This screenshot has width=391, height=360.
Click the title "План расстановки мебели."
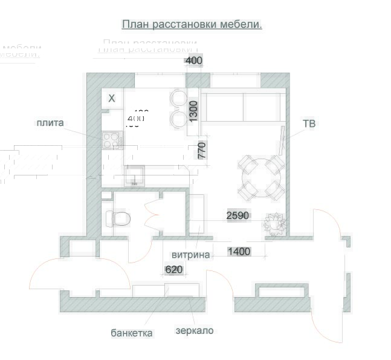(x=192, y=24)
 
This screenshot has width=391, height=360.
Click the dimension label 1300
(x=193, y=111)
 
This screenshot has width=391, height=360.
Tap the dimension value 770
(x=202, y=150)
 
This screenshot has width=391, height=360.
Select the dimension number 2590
(x=238, y=215)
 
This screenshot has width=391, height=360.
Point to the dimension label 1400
(x=239, y=251)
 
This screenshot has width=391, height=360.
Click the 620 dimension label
(x=174, y=269)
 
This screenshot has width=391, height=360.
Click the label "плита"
(x=50, y=123)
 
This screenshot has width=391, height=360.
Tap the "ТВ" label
(x=309, y=124)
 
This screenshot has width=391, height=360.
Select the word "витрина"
(x=191, y=255)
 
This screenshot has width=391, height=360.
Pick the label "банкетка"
(x=132, y=333)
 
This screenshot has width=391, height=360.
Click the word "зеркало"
(x=195, y=331)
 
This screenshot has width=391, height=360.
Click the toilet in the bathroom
(x=119, y=217)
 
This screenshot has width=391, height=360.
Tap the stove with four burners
(x=111, y=140)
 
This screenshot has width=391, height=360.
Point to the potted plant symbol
(x=274, y=223)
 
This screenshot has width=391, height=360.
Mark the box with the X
(x=112, y=98)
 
